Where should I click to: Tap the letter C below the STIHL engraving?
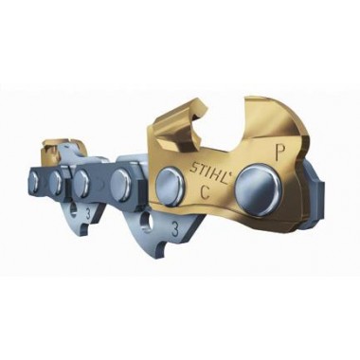point(206,191)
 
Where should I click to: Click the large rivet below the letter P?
point(261,187)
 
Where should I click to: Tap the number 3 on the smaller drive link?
point(88,213)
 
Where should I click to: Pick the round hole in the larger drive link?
point(148,221)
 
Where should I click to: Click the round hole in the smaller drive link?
point(73,209)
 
